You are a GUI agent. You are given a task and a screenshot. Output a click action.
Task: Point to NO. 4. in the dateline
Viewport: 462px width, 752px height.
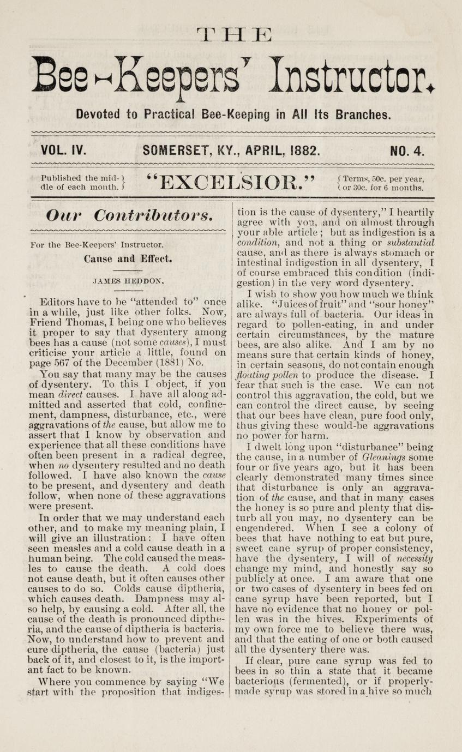(407, 150)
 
